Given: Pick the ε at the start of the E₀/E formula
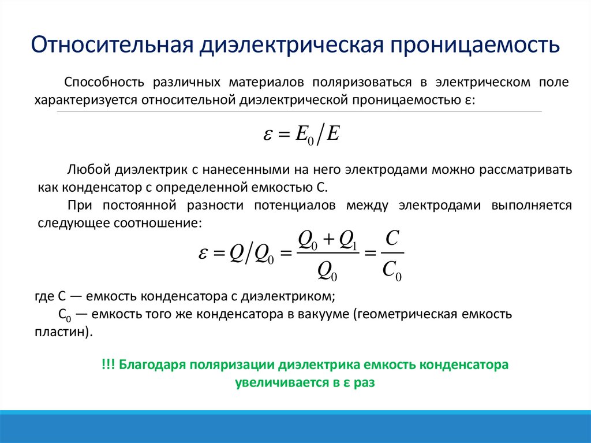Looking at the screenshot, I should [268, 135].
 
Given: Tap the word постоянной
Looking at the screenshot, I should [138, 206].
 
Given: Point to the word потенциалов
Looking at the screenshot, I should [294, 206].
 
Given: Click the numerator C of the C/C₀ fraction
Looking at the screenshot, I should [391, 239].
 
